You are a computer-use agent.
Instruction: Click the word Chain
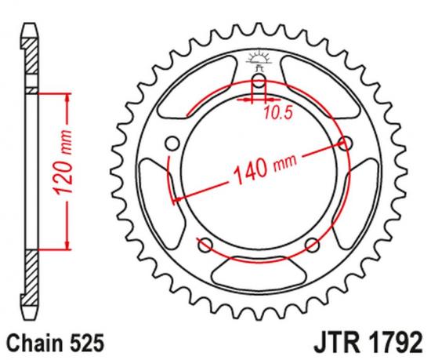point(30,343)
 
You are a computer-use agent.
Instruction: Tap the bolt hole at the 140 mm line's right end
point(345,142)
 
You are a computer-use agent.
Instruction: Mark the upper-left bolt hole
point(173,142)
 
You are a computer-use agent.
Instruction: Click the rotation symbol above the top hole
point(259,57)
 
